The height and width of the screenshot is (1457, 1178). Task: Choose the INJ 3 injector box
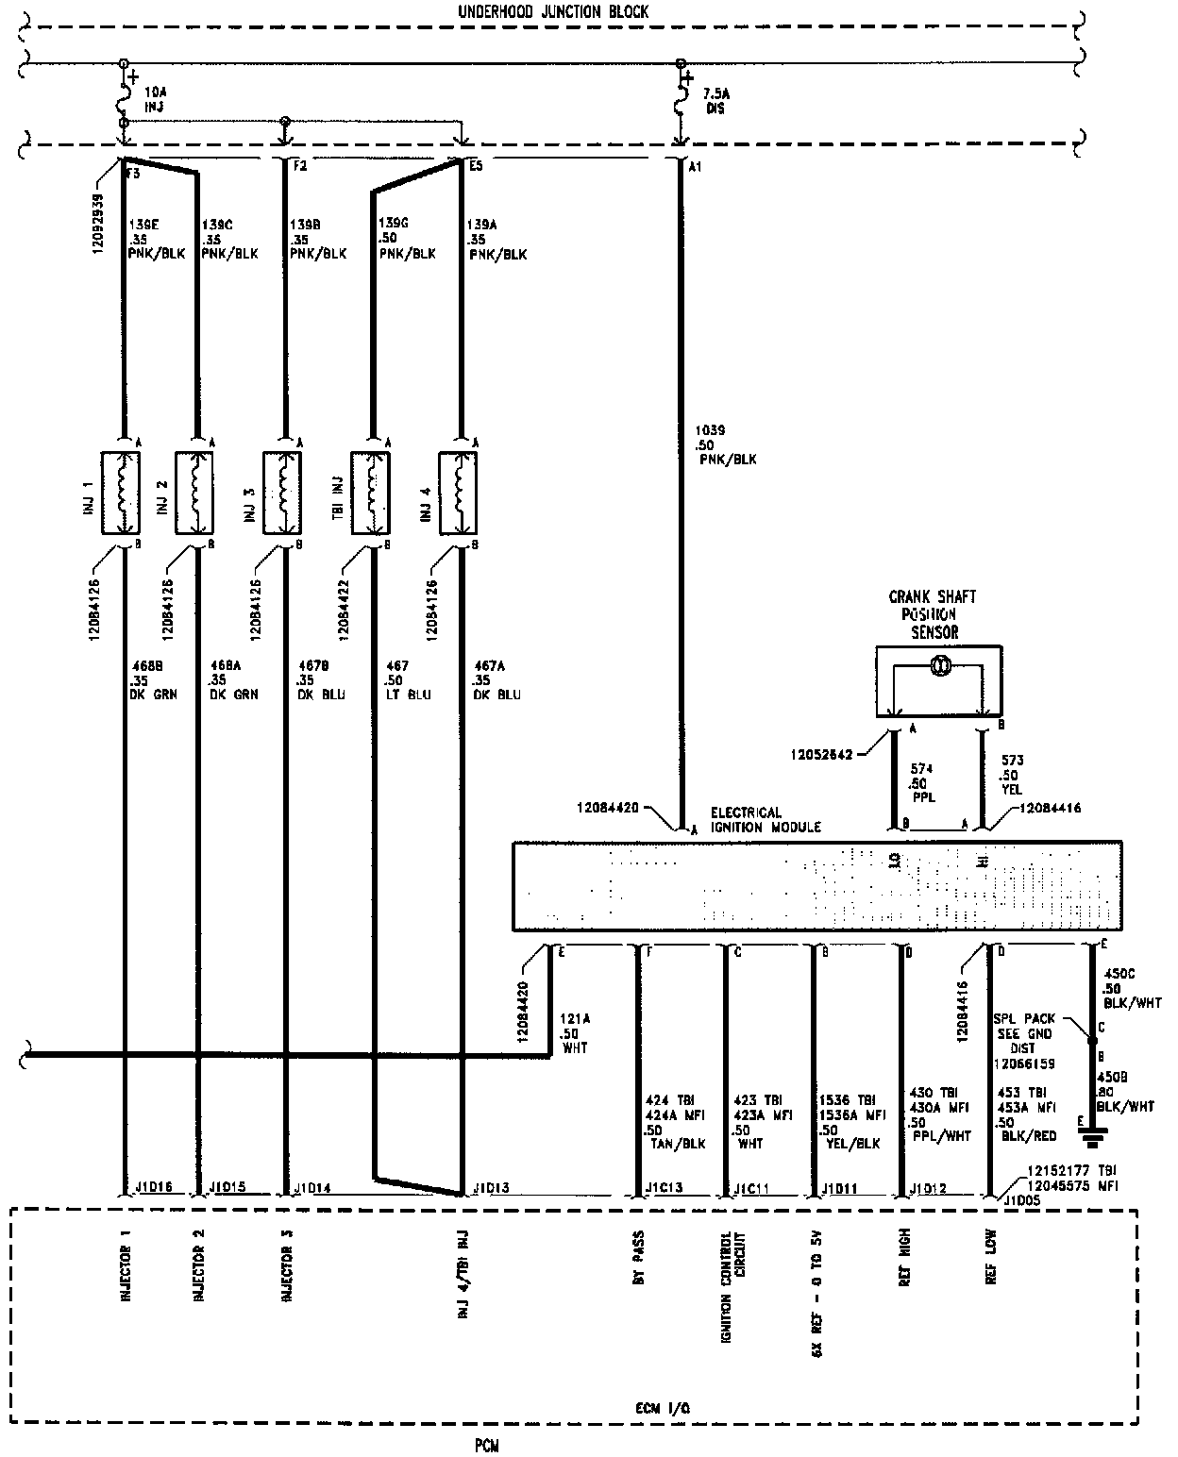tap(282, 492)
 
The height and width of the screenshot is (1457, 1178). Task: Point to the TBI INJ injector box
tap(371, 492)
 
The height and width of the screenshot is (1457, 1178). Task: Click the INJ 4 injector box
tap(460, 492)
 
